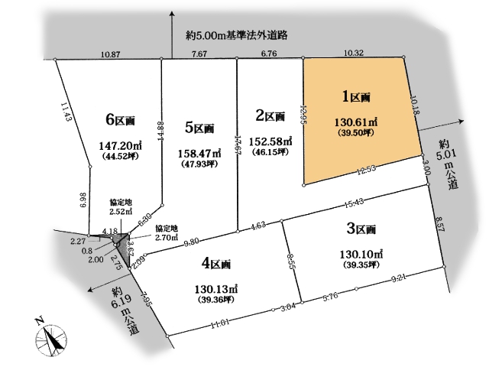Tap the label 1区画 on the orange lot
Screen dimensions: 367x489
point(356,97)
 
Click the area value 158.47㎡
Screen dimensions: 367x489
point(199,153)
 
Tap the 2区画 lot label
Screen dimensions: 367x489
point(270,115)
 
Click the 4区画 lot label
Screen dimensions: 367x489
point(216,265)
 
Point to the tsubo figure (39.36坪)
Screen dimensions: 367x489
point(215,300)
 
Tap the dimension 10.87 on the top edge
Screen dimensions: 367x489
point(112,54)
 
